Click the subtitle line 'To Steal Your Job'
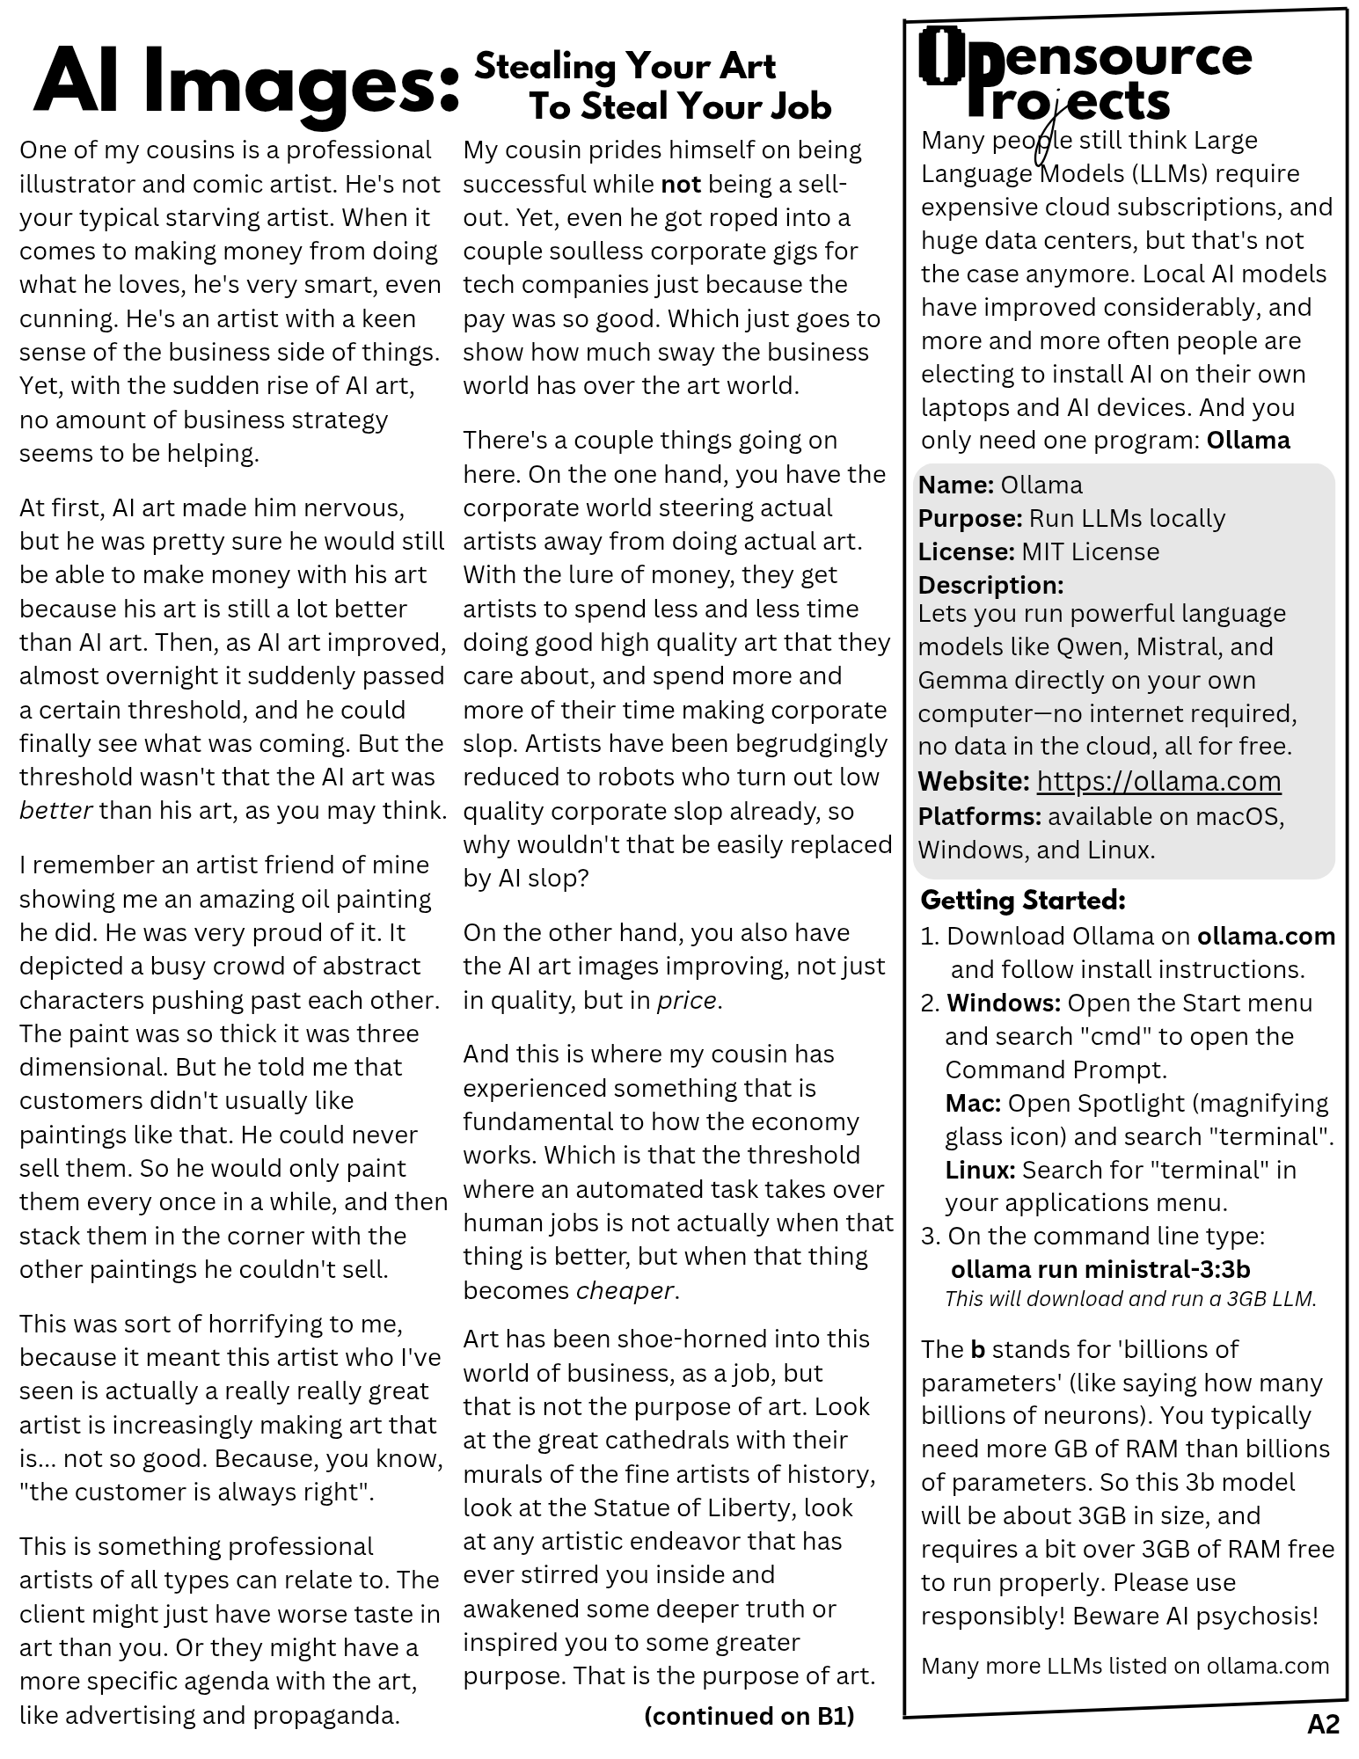[x=679, y=107]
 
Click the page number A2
[x=1323, y=1725]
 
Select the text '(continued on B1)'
[x=749, y=1716]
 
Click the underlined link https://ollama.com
[x=1158, y=781]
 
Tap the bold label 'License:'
[x=966, y=551]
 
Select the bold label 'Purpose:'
[x=969, y=518]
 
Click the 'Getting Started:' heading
[x=1023, y=900]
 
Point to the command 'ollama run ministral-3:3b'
[x=1100, y=1269]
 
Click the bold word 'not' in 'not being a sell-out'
[x=681, y=184]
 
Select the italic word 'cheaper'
[x=625, y=1290]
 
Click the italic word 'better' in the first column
[x=55, y=810]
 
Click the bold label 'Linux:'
[x=980, y=1170]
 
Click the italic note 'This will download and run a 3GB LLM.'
[x=1130, y=1299]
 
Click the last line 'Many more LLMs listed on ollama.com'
[x=1125, y=1665]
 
